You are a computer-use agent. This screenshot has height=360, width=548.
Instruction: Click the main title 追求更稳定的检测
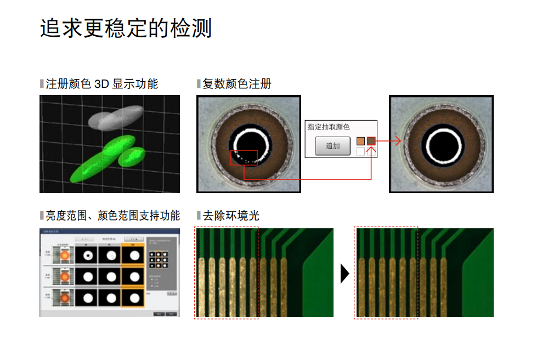tap(126, 29)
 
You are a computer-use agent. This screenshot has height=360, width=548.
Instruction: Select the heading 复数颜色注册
tap(236, 84)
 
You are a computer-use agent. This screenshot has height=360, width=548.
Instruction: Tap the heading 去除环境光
tap(230, 216)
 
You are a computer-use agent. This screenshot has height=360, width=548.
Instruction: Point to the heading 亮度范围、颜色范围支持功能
tap(112, 216)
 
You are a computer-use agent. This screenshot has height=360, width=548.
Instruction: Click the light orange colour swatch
tap(360, 141)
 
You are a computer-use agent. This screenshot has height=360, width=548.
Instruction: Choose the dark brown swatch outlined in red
tap(371, 141)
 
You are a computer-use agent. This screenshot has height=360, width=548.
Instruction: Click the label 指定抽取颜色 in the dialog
tap(329, 127)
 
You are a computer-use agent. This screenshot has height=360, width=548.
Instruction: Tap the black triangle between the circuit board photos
tap(344, 273)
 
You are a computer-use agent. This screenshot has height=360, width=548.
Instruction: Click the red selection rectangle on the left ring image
tap(244, 157)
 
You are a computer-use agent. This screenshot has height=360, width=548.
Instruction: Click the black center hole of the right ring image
tap(442, 144)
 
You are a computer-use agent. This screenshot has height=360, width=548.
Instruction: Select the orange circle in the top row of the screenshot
tap(65, 255)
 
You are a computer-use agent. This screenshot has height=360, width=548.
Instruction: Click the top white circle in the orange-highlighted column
tap(133, 255)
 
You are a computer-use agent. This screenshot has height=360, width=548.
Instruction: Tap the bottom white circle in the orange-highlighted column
tap(133, 299)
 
